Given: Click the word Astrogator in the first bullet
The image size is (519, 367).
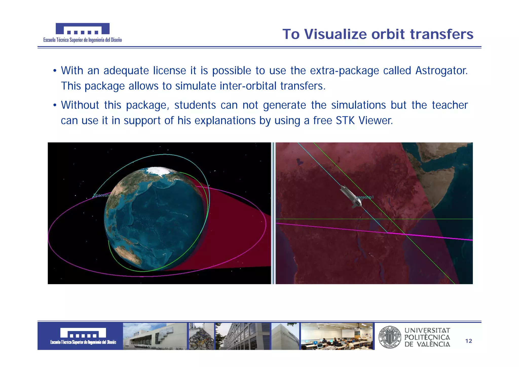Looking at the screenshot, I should click(x=441, y=71).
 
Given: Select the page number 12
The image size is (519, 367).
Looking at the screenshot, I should click(x=469, y=341).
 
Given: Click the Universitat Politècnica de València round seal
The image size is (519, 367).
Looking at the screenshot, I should click(x=390, y=337).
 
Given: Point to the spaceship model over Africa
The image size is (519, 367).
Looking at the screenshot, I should click(x=351, y=196).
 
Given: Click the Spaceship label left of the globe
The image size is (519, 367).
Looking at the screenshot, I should click(x=101, y=195).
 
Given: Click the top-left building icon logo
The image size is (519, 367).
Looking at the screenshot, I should click(x=83, y=29).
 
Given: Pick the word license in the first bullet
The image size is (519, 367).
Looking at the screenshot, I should click(x=170, y=71).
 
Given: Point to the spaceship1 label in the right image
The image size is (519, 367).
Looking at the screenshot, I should click(x=365, y=197).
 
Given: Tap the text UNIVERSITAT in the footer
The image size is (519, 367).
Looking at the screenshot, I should click(x=427, y=331).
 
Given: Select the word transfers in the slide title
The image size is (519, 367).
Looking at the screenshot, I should click(x=441, y=34).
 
